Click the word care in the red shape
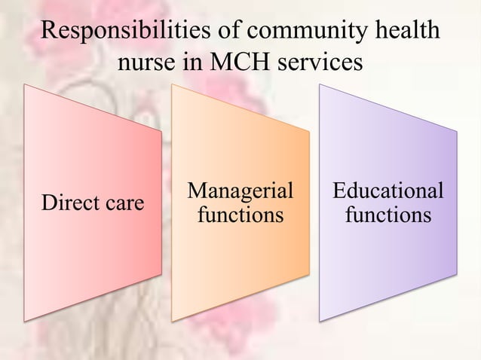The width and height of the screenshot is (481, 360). [124, 203]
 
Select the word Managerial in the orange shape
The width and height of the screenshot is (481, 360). [240, 191]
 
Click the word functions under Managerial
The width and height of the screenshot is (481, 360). [240, 216]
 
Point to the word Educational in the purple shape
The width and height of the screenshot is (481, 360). [388, 191]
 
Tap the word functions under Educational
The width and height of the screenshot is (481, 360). [388, 216]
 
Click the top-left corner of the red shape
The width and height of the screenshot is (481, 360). [25, 84]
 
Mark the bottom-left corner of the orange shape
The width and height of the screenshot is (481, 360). [173, 321]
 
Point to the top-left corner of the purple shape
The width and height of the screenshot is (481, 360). [320, 84]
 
